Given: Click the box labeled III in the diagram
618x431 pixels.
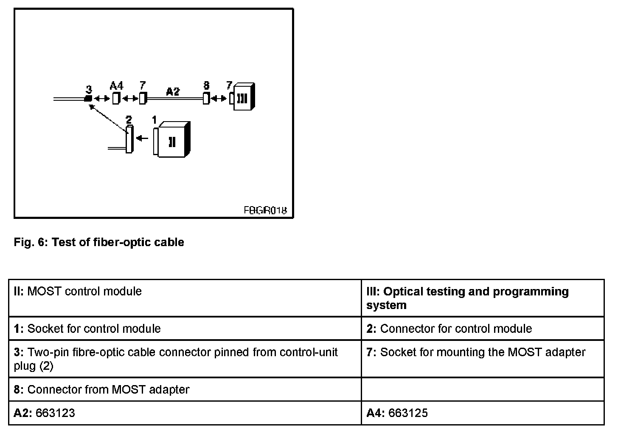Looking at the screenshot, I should pos(244,97).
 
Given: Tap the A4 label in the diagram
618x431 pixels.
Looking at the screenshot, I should pos(116,86).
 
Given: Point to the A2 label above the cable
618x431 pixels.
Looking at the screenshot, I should pos(172,91).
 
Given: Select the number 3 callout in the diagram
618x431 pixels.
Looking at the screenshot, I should pos(89,89).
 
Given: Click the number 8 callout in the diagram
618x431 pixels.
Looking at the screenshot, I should pos(206,85).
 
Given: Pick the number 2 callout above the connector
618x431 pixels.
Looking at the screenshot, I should pos(129,119).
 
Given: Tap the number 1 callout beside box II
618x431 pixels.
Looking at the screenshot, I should pos(155,120).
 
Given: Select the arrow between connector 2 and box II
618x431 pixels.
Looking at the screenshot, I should pos(142,138).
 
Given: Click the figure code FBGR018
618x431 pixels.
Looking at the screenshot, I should pos(265,210).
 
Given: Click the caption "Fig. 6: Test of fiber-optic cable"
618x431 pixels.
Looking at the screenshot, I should pos(99,242).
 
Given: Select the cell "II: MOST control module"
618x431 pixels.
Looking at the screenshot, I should pos(78,292).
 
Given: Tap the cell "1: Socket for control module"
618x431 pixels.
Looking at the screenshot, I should pos(87,329).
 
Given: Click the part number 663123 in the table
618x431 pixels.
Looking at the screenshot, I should pos(55,413).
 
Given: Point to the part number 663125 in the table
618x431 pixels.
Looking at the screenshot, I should pos(408,413).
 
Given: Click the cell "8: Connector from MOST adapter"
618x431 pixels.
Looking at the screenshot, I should pos(101,389).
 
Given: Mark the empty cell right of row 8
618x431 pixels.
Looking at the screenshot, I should pos(483,389).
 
